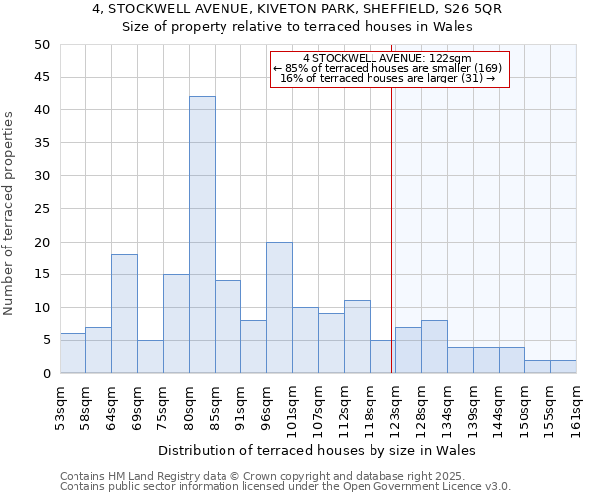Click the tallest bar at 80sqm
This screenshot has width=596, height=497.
202,235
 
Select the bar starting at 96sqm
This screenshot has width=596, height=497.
279,307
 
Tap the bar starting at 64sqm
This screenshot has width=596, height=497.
124,314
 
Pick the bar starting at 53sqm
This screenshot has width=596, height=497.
73,353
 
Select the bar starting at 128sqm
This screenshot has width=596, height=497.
434,347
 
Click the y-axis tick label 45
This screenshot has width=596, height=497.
41,78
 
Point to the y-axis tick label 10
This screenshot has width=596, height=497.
41,308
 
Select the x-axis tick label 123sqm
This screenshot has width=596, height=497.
395,408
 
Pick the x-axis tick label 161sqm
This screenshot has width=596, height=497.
576,408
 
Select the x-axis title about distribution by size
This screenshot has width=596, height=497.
317,450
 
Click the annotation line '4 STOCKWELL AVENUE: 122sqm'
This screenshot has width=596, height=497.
387,58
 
